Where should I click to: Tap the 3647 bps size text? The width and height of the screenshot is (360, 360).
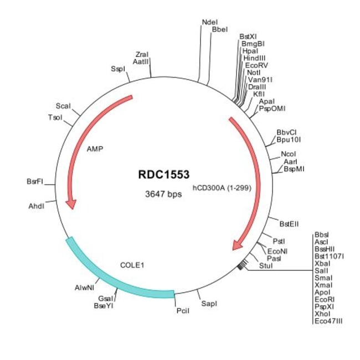(x=160, y=194)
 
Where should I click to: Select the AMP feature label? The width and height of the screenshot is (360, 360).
(x=95, y=149)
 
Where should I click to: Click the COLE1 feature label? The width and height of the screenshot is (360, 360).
(x=132, y=265)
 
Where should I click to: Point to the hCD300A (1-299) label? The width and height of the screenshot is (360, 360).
(x=222, y=188)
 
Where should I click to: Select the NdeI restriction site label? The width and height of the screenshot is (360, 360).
(x=210, y=22)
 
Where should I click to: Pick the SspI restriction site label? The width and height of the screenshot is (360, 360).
(x=118, y=69)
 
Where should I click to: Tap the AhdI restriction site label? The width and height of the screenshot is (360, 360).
(x=36, y=206)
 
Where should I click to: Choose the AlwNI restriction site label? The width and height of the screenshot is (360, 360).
(x=85, y=288)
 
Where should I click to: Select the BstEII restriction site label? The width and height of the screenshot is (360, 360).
(x=289, y=224)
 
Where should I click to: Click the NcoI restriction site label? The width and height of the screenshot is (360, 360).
(x=288, y=153)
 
